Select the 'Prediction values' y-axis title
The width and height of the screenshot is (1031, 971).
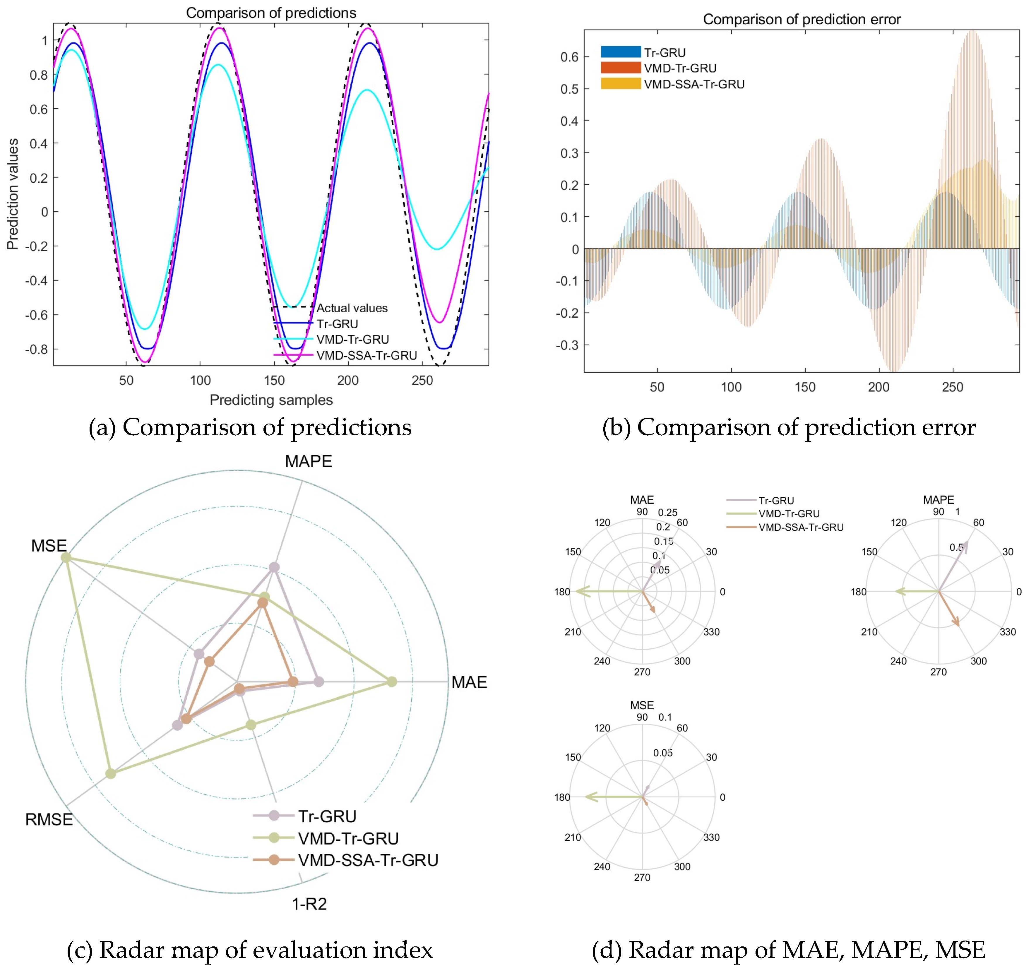[13, 194]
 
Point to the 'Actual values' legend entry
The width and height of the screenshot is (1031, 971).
[352, 308]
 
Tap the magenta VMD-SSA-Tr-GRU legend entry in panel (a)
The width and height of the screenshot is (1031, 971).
[366, 355]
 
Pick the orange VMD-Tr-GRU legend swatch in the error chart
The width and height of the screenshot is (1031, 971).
[620, 68]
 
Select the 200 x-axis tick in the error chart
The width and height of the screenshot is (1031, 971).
[878, 387]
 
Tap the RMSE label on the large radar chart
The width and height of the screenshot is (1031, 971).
[49, 820]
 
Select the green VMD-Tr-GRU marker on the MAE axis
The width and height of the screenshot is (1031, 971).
[392, 681]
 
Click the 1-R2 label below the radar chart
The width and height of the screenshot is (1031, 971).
[309, 904]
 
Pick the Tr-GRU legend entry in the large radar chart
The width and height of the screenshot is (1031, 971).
[327, 816]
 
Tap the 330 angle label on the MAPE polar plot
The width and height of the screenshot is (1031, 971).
[1008, 632]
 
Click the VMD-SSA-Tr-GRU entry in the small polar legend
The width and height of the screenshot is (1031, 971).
[800, 527]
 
